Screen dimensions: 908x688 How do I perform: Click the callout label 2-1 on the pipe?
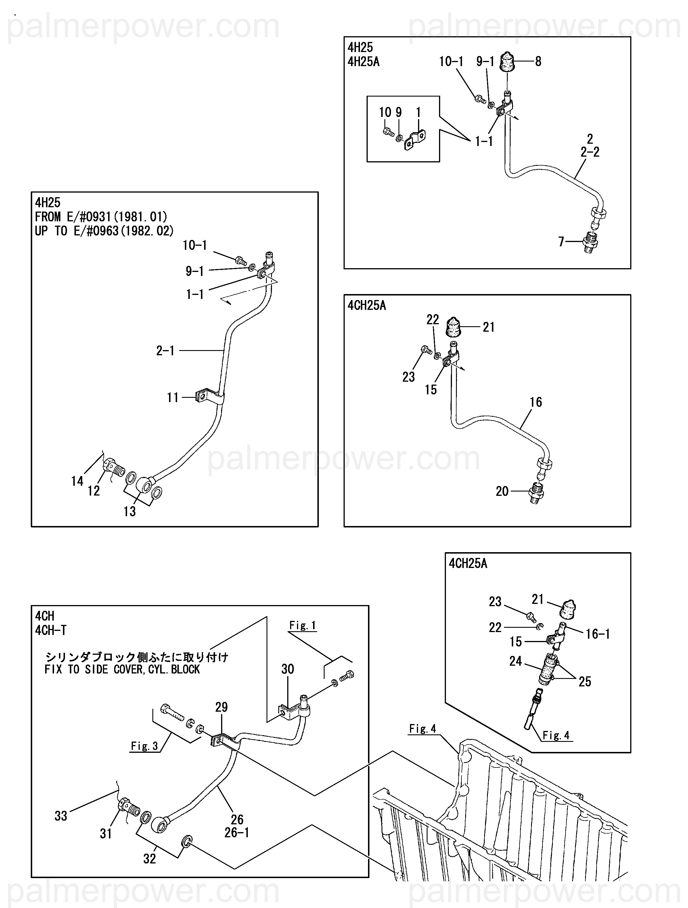(x=165, y=351)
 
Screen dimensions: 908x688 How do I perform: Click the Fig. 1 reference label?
(x=302, y=625)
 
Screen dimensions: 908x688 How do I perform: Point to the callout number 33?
(x=61, y=816)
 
